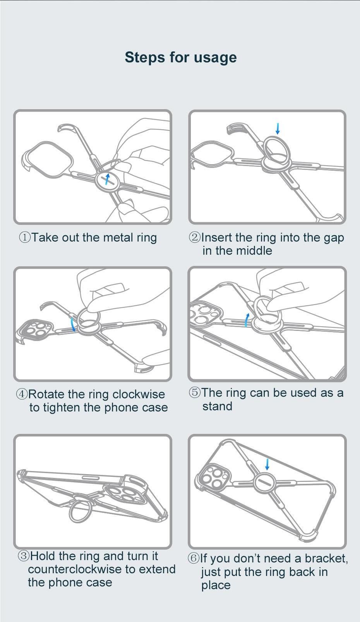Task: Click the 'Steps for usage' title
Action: [180, 58]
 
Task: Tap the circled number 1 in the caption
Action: [25, 237]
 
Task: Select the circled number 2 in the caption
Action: [194, 237]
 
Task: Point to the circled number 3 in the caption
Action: [24, 556]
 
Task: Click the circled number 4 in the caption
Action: [22, 394]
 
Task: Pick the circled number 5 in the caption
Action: [195, 392]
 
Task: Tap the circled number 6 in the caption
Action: [194, 558]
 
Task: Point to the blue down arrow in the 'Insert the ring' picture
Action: [277, 129]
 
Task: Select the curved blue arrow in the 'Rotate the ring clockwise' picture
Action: [73, 325]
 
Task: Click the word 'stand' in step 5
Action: [217, 406]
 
